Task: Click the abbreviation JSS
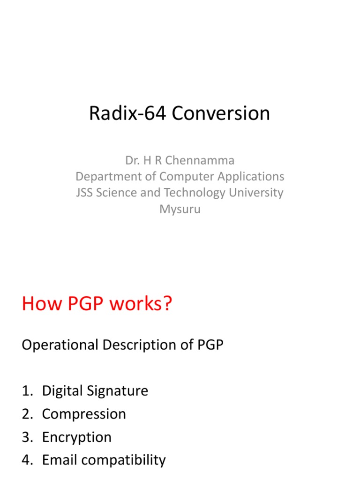85,193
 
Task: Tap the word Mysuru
180,209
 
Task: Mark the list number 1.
26,391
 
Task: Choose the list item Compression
84,414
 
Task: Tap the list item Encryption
77,437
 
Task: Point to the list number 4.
26,460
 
